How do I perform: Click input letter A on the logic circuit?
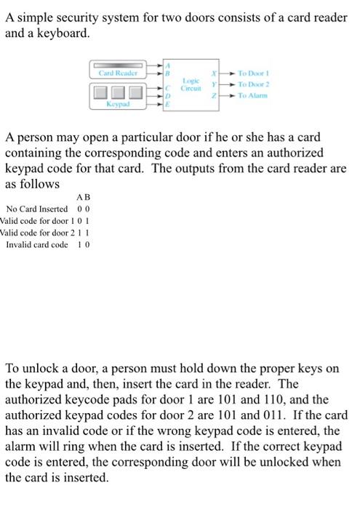click(168, 65)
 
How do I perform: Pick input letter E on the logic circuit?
click(168, 105)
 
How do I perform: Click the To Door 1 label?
click(254, 74)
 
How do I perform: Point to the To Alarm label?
click(252, 95)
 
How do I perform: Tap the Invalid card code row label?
click(36, 244)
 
